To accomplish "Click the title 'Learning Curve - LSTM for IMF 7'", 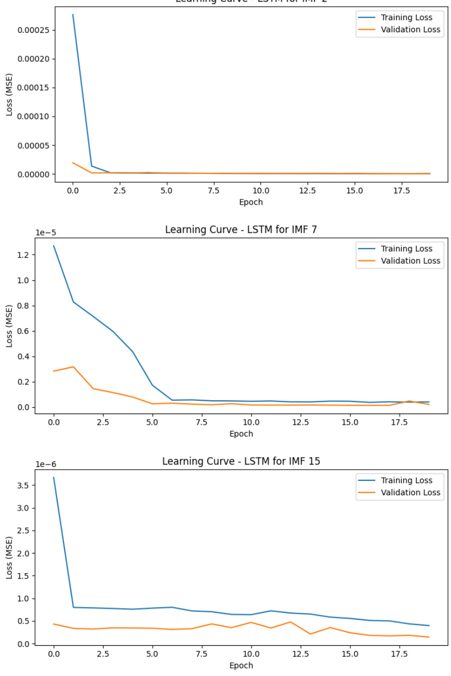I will tap(241, 230).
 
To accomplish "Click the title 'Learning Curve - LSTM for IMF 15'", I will tap(241, 461).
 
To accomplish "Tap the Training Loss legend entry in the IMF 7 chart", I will tap(406, 249).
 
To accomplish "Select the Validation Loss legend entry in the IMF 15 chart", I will tap(410, 493).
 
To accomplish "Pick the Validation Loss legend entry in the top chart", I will tap(410, 30).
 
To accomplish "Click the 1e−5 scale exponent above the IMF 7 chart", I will tap(46, 232).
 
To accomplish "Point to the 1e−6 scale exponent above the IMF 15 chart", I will tap(46, 464).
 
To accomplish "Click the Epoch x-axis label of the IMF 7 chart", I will tap(241, 434).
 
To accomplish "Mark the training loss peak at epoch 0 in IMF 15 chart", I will tap(53, 478).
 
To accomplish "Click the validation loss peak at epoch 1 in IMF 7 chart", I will tap(74, 367).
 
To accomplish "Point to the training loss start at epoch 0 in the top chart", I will tap(73, 15).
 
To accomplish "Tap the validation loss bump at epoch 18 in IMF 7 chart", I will tap(409, 401).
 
